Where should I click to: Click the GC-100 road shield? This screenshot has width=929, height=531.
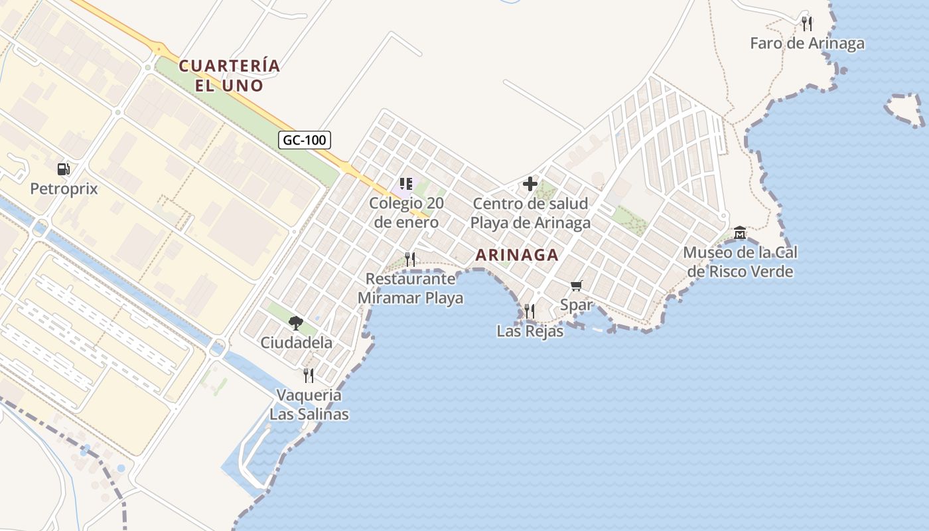pos(304,140)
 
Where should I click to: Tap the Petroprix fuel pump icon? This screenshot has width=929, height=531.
pos(64,169)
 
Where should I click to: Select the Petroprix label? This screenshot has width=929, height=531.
pos(64,189)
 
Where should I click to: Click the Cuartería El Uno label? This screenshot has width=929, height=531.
pos(230,76)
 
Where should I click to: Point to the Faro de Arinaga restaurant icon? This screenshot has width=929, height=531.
pos(807,24)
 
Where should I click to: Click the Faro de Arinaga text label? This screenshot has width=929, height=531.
pos(807,44)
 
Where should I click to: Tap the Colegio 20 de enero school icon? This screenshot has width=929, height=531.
pos(406,184)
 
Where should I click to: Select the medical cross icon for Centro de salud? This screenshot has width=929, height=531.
pos(530,184)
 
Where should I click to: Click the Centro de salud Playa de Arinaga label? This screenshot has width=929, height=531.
pos(530,213)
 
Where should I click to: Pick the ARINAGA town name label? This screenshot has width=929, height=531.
pos(517,255)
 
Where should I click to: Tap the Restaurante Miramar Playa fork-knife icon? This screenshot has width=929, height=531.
pos(410,260)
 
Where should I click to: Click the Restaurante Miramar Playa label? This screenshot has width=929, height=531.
pos(410,289)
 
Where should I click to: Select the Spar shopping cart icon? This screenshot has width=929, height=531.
pos(576,285)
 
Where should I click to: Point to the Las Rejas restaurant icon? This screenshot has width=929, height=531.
pos(529,311)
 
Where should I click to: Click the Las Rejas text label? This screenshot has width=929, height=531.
pos(530,331)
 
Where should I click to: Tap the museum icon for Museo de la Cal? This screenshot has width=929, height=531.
pos(740,233)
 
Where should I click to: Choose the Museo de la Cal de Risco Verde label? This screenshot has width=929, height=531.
pos(740,262)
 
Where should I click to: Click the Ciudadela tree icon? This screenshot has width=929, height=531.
pos(296,323)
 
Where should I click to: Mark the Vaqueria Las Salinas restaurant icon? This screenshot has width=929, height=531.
pos(309,376)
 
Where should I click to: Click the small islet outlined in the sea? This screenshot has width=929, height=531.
pos(905,109)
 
